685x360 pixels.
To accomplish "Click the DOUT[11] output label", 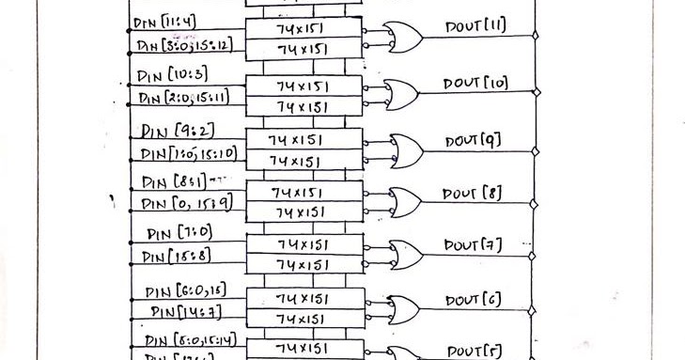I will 475,26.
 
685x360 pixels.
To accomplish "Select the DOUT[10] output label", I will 476,83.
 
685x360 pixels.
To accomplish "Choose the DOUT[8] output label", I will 475,194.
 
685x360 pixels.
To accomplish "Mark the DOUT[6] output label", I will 474,300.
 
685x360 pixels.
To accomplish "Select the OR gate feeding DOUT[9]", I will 407,149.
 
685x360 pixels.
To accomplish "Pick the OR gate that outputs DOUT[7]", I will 406,254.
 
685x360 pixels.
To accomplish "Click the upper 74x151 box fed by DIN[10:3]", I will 302,86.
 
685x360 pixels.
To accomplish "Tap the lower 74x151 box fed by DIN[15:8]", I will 302,264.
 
